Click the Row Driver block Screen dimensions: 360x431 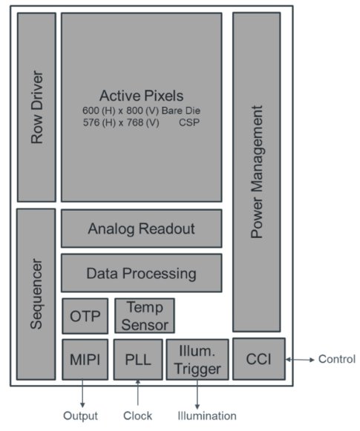coord(36,108)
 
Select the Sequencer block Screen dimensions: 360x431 coord(36,294)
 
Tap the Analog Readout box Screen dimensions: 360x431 coord(141,228)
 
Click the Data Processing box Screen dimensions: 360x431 coord(141,273)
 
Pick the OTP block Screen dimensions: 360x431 coord(85,316)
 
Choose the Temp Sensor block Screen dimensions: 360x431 coord(145,316)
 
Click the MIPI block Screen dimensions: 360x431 coord(85,360)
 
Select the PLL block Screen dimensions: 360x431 coord(138,360)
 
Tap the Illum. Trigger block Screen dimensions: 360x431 coord(197,360)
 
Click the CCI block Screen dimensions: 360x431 coord(259,359)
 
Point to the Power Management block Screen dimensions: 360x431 coord(257,172)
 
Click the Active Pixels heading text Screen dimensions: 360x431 coord(141,96)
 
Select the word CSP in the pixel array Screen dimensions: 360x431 coord(189,122)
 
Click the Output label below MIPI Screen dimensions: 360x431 coord(80,415)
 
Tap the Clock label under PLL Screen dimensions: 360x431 coord(137,415)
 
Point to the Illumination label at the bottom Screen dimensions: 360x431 coord(207,415)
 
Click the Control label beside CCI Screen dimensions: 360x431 coord(337,359)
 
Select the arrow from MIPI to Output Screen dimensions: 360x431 coord(82,394)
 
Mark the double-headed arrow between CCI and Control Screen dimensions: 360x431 coord(300,359)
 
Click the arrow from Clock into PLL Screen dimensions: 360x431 coord(138,392)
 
